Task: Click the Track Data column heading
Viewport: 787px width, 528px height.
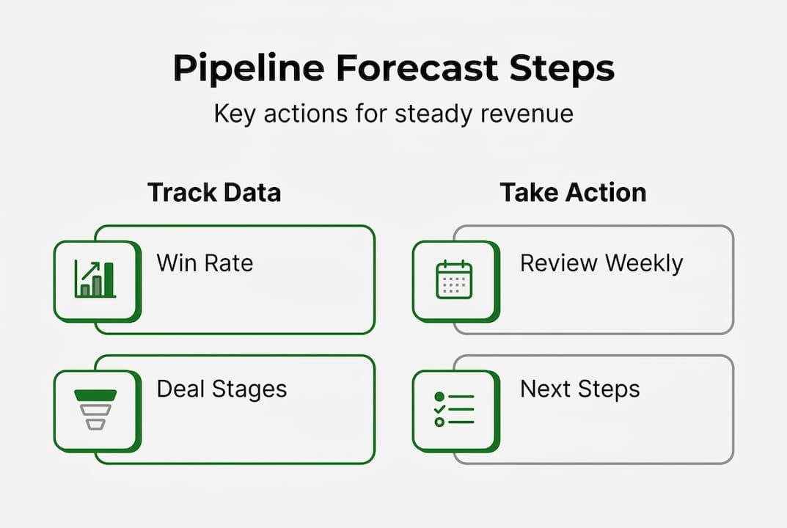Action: point(213,192)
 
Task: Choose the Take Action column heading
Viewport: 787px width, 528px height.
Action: point(573,192)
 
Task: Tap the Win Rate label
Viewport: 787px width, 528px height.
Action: point(205,263)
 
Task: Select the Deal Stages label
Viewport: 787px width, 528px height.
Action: point(222,389)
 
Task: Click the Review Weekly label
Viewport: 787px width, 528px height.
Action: point(601,263)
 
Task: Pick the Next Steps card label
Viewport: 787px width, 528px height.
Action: point(579,389)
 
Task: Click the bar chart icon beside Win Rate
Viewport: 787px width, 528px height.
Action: point(95,279)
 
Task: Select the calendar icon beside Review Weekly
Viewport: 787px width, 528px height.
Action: point(454,279)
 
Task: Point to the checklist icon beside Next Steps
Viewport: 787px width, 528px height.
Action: point(454,409)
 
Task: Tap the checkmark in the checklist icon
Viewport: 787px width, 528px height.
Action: point(439,409)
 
